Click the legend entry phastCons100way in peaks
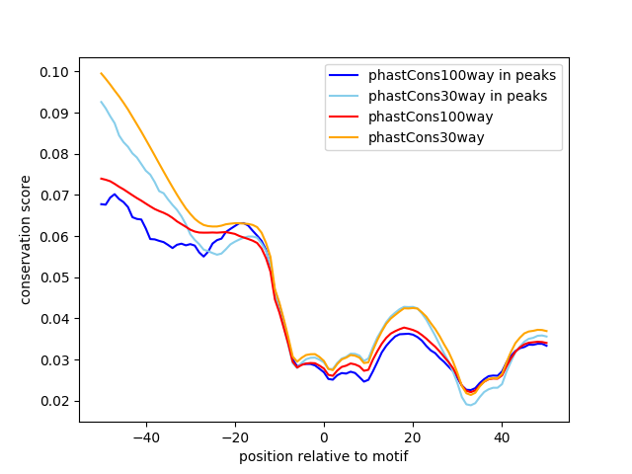pos(462,75)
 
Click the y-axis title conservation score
pos(26,239)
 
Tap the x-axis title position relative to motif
pos(324,456)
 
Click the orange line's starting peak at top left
pos(102,73)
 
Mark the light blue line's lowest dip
pos(470,405)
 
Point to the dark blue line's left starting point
pos(102,204)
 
